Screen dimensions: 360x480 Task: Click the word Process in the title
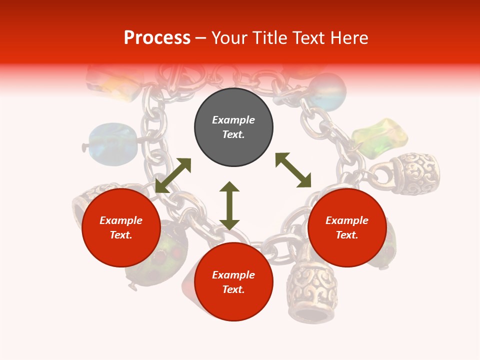157,38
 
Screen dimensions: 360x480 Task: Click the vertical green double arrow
229,205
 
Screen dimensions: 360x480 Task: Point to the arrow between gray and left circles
173,175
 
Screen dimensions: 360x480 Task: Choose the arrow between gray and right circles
293,170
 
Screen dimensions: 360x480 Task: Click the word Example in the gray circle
233,120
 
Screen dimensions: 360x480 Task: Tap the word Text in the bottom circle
233,289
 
